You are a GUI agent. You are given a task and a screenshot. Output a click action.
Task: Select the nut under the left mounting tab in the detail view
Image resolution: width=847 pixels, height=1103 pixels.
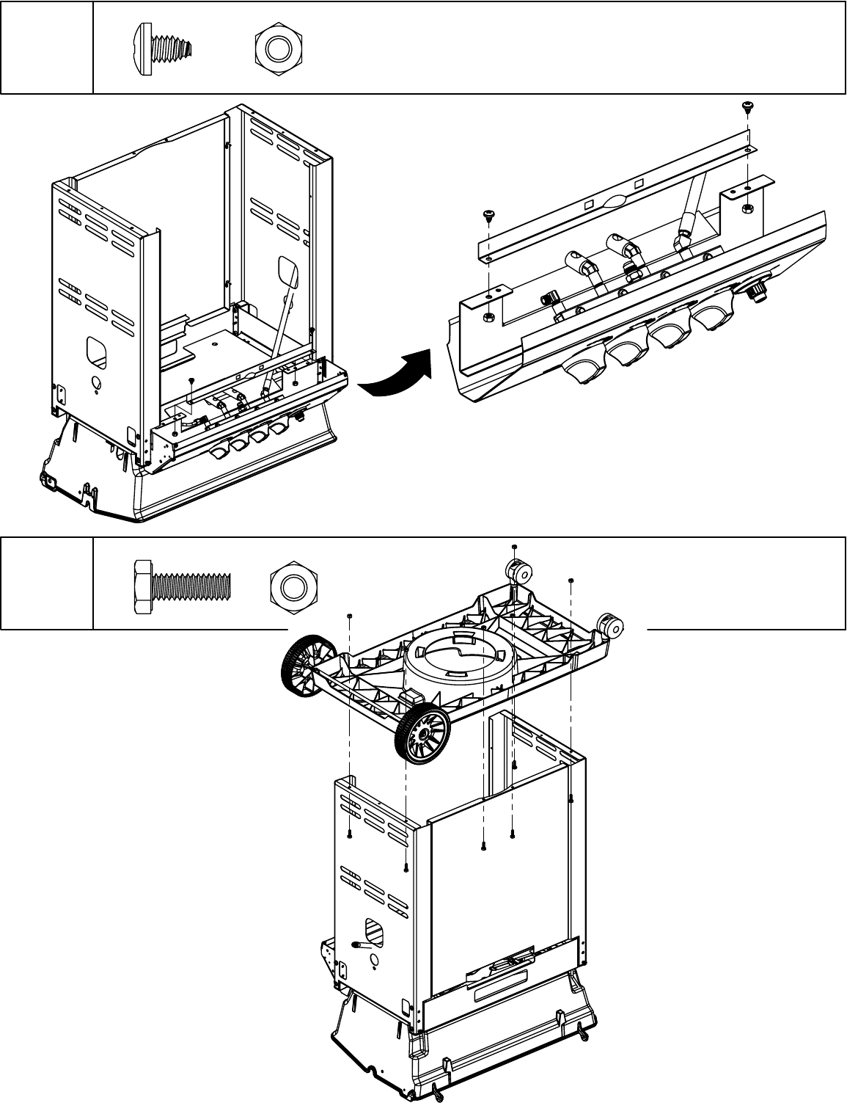[x=488, y=318]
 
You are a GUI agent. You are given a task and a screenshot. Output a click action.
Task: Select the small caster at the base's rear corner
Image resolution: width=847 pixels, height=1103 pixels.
[x=518, y=572]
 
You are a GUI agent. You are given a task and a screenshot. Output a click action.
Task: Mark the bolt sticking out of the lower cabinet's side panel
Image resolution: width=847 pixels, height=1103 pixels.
[x=362, y=945]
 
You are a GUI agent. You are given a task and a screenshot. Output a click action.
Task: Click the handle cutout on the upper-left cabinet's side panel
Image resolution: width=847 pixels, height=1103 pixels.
[x=96, y=352]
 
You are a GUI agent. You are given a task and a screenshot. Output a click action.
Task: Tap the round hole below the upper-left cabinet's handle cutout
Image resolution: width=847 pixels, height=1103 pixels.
[x=95, y=383]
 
